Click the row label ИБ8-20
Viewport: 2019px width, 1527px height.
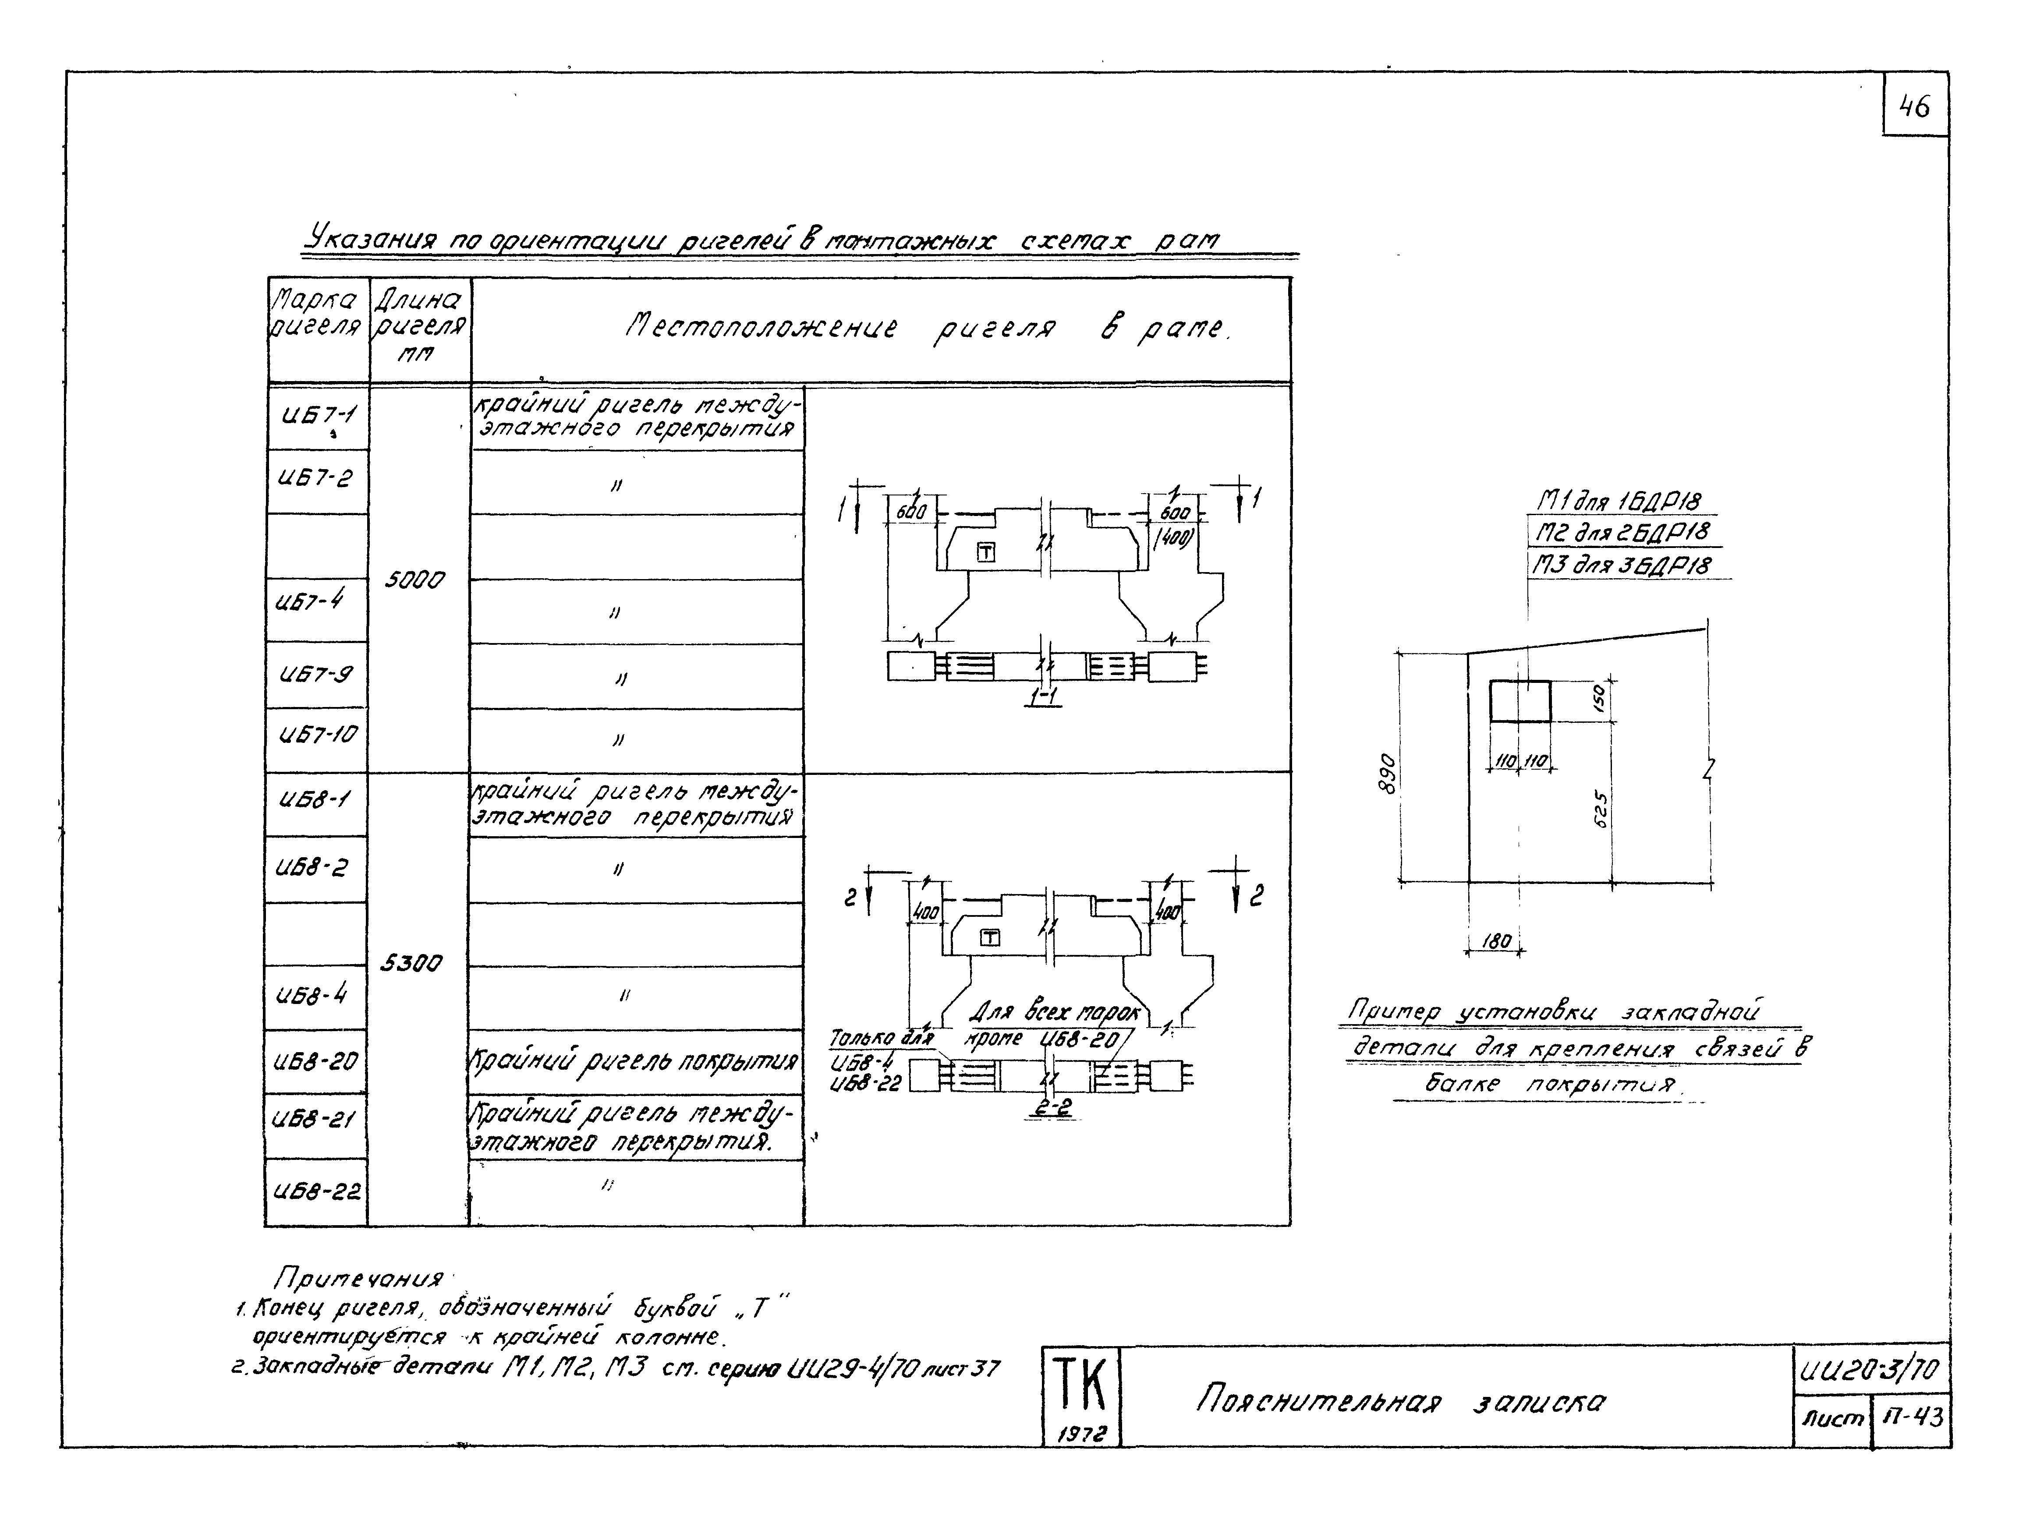(316, 1061)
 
